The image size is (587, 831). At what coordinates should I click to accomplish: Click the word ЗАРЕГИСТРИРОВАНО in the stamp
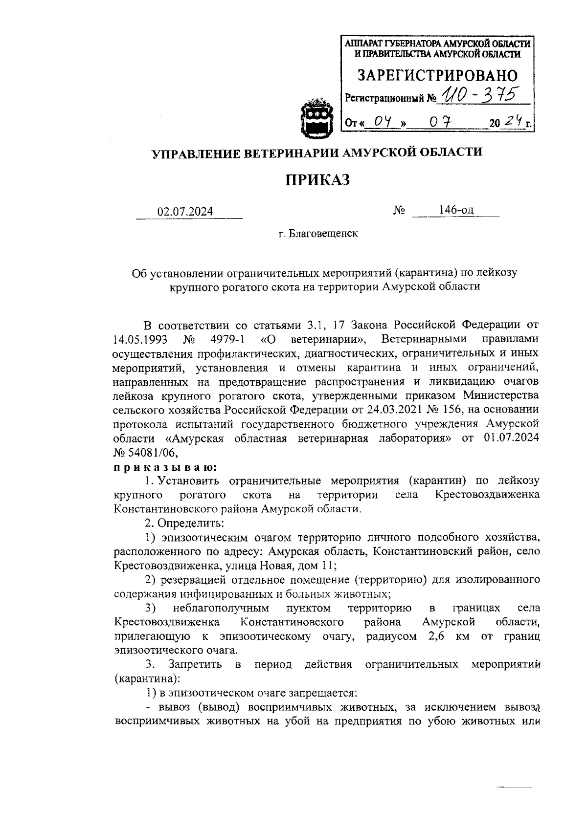click(437, 75)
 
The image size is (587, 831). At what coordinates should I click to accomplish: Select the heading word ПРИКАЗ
click(318, 180)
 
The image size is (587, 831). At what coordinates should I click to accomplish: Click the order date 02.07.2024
click(185, 211)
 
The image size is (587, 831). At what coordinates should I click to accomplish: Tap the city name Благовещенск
click(323, 234)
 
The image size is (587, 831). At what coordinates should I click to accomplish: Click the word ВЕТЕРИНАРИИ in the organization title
click(284, 153)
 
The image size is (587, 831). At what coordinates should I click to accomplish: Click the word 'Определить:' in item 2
click(190, 523)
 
